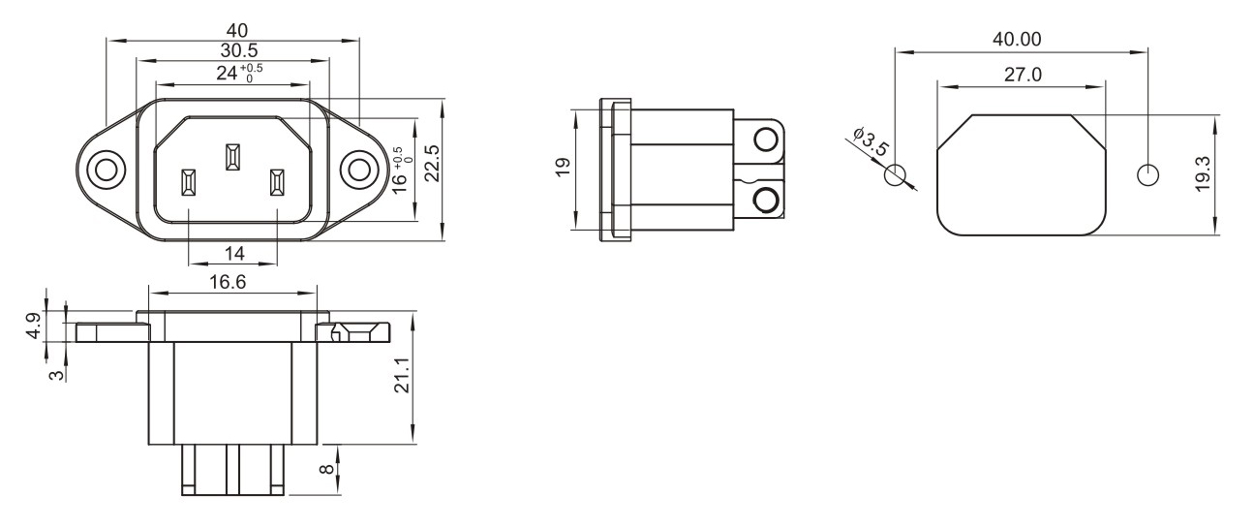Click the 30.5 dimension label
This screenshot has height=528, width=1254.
point(239,51)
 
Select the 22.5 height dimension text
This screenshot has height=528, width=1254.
point(432,163)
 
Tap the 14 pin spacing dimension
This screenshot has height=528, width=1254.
point(234,254)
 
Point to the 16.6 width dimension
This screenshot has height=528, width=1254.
point(228,282)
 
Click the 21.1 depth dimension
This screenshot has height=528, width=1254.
point(403,375)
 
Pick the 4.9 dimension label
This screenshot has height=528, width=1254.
point(34,326)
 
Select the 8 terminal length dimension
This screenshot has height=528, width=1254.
point(326,469)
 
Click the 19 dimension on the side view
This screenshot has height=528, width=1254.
point(563,168)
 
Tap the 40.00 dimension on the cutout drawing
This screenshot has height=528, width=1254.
point(1017,39)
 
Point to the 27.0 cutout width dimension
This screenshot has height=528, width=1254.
point(1023,75)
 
